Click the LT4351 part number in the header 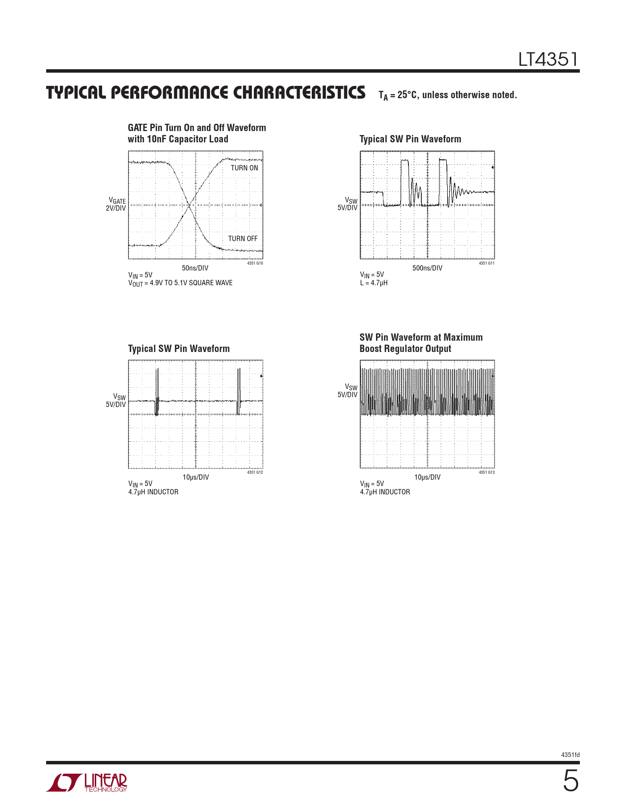(548, 60)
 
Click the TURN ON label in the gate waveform (244, 168)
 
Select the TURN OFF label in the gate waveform (243, 239)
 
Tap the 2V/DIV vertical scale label (116, 208)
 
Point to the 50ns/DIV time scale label (195, 268)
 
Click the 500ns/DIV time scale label (427, 268)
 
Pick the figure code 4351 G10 (255, 264)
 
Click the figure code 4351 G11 (487, 264)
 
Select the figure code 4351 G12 (255, 473)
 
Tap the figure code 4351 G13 (487, 473)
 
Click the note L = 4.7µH (374, 283)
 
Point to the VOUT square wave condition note (180, 283)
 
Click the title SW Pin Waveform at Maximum (421, 337)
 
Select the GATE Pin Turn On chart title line (197, 128)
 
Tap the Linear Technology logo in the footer (87, 783)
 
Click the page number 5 (570, 782)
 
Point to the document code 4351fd (570, 755)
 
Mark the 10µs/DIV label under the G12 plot (195, 477)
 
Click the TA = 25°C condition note (447, 95)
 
